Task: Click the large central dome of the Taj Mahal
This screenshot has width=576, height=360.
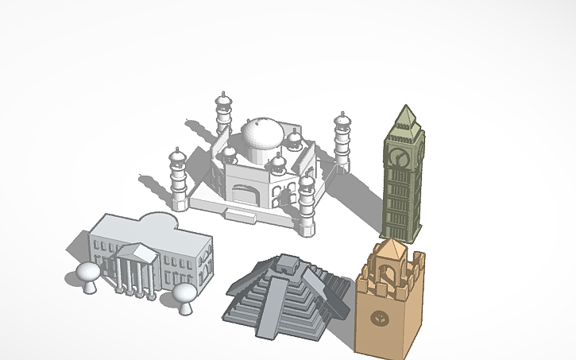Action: click(x=261, y=136)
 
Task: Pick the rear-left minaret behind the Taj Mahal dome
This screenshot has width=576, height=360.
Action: click(x=223, y=115)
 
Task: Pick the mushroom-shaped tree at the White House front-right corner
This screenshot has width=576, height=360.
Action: click(x=184, y=296)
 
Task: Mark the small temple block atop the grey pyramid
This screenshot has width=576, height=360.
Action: click(x=281, y=265)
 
